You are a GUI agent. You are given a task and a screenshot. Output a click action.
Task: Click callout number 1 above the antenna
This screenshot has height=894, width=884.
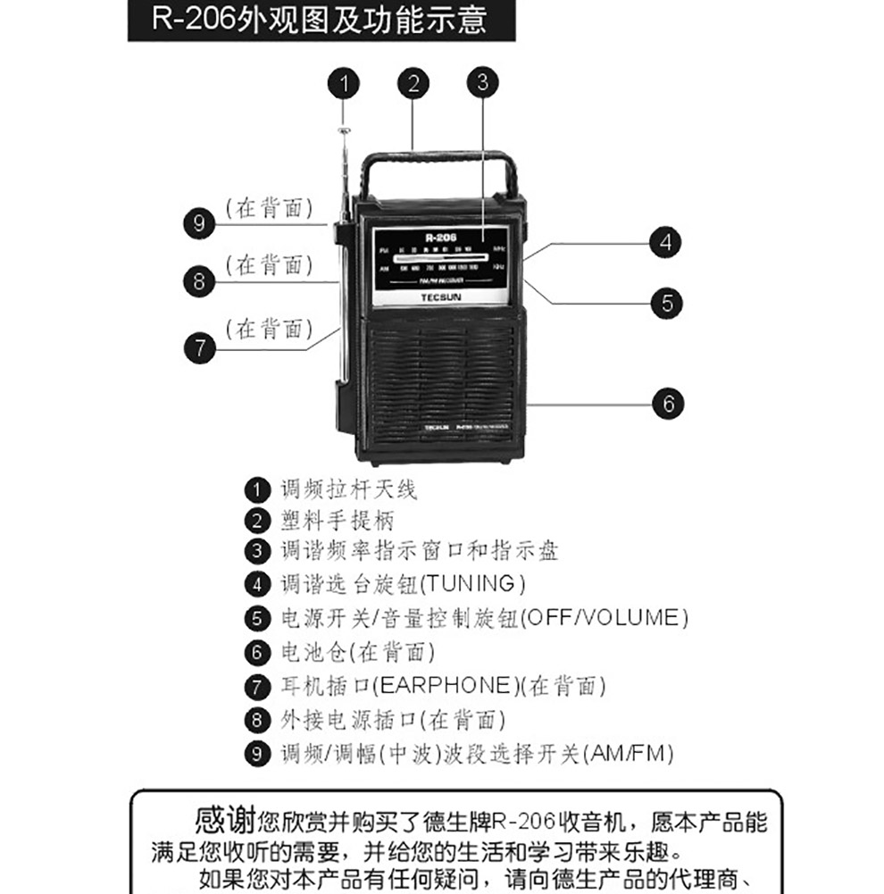(x=344, y=85)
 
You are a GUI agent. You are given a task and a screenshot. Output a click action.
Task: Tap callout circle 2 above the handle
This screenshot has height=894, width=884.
(x=412, y=85)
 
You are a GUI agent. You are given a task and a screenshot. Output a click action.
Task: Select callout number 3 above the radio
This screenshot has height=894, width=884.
(x=481, y=82)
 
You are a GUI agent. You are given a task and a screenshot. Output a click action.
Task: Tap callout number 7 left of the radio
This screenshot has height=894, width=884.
(x=200, y=347)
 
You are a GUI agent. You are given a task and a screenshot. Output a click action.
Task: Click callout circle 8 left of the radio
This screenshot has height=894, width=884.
(x=199, y=282)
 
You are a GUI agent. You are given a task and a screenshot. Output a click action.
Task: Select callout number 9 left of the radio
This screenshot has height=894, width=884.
(x=199, y=222)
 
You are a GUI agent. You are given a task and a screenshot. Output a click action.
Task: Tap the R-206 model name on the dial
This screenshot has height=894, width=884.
(x=441, y=237)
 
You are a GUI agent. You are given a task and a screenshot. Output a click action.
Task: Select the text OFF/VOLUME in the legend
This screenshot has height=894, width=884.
(x=604, y=618)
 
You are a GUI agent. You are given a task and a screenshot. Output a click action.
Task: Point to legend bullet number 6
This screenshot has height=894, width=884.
(x=257, y=652)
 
